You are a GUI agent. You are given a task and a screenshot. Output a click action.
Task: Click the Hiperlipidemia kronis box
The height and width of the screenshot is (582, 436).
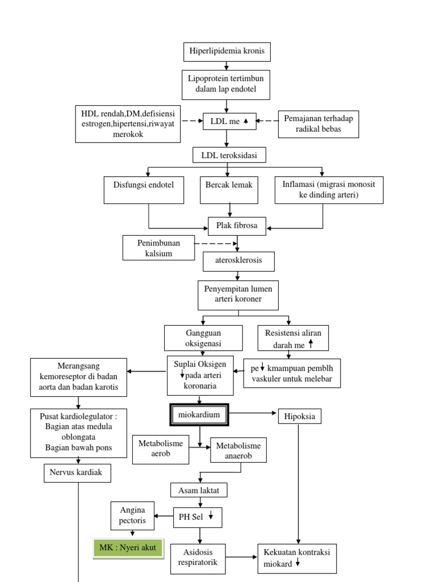click(x=227, y=52)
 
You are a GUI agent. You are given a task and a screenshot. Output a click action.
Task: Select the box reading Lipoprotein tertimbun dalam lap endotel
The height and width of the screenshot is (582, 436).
click(x=227, y=85)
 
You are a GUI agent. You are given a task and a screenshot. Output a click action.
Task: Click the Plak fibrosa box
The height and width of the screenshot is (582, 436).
click(x=237, y=226)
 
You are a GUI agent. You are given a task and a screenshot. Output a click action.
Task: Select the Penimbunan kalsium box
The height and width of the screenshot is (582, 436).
click(x=158, y=248)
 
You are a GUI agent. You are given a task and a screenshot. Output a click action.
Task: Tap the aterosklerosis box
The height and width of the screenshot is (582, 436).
click(x=239, y=262)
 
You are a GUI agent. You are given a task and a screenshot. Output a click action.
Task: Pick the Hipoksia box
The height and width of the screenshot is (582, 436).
click(x=299, y=417)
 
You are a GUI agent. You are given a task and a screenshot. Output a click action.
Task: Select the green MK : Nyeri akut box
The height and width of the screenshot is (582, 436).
click(x=128, y=548)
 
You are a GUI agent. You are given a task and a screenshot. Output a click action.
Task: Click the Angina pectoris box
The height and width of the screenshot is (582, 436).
click(x=133, y=515)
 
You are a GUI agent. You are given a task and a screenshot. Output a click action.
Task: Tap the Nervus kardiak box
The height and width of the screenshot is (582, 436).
click(x=77, y=473)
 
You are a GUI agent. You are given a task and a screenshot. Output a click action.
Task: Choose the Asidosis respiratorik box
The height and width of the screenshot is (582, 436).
click(x=200, y=558)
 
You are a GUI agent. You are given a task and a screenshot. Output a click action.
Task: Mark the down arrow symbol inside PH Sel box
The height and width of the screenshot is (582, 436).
click(x=210, y=516)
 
